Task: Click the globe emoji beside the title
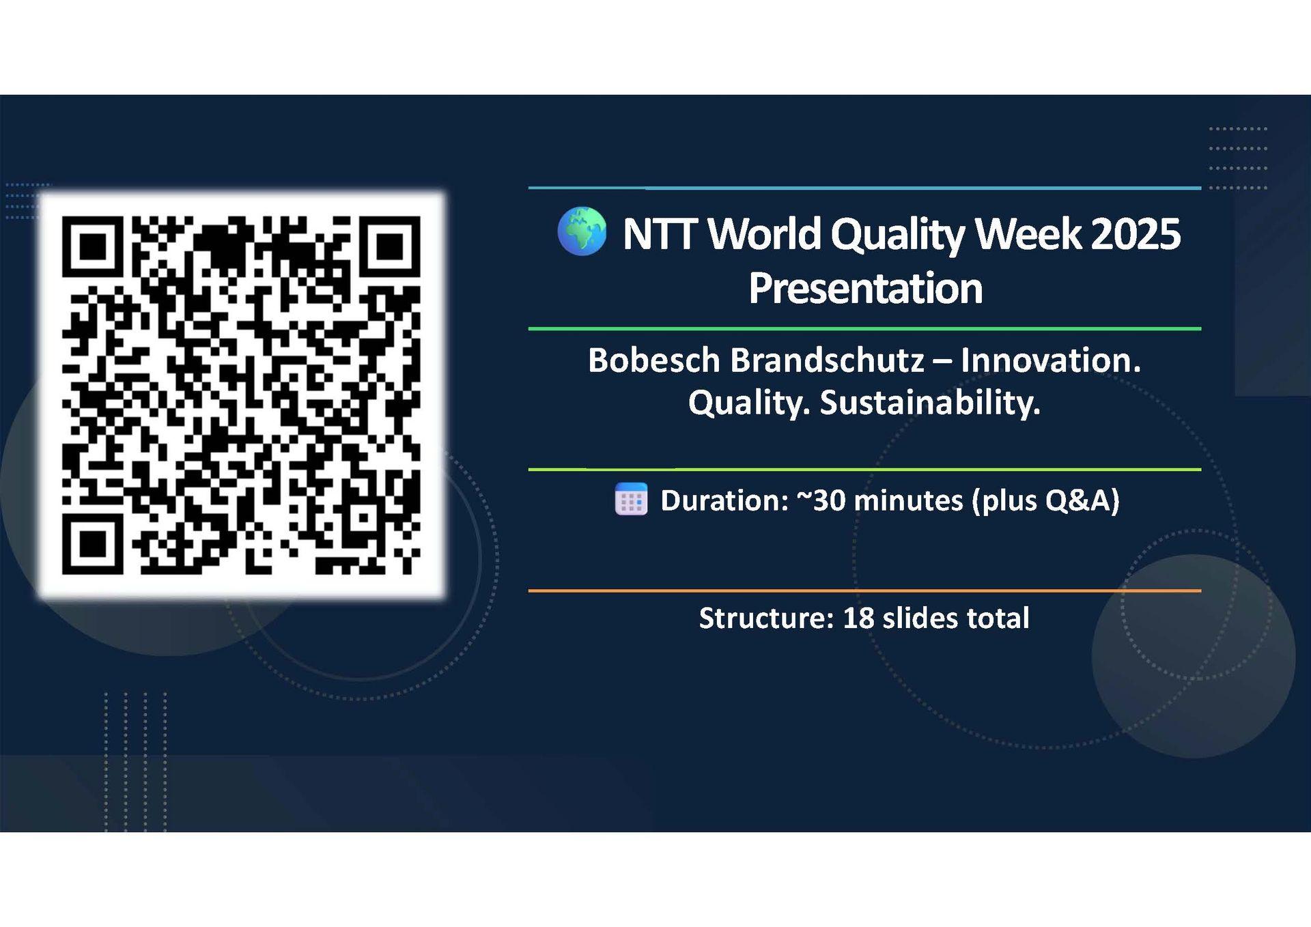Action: pos(582,231)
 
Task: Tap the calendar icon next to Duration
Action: pos(631,499)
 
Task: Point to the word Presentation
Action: pos(865,288)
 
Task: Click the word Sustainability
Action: pos(930,403)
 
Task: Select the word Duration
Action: pos(724,500)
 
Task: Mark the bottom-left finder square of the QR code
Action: pos(92,544)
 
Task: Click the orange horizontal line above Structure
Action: pos(864,590)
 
